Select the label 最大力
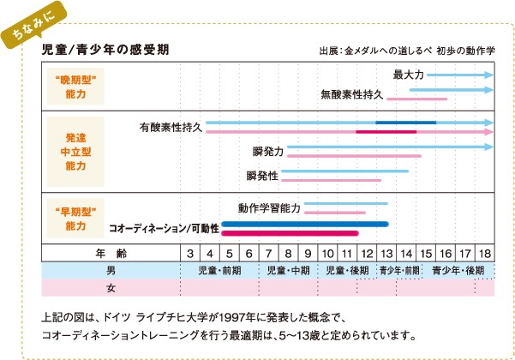pyautogui.click(x=408, y=75)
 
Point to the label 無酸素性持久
pyautogui.click(x=351, y=94)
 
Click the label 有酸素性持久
pyautogui.click(x=171, y=127)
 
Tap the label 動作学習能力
pyautogui.click(x=269, y=207)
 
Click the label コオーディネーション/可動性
pyautogui.click(x=164, y=228)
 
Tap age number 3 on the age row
pyautogui.click(x=189, y=254)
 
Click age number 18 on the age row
pyautogui.click(x=484, y=254)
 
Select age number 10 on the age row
pyautogui.click(x=327, y=254)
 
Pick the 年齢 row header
pyautogui.click(x=111, y=254)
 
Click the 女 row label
pyautogui.click(x=111, y=287)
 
